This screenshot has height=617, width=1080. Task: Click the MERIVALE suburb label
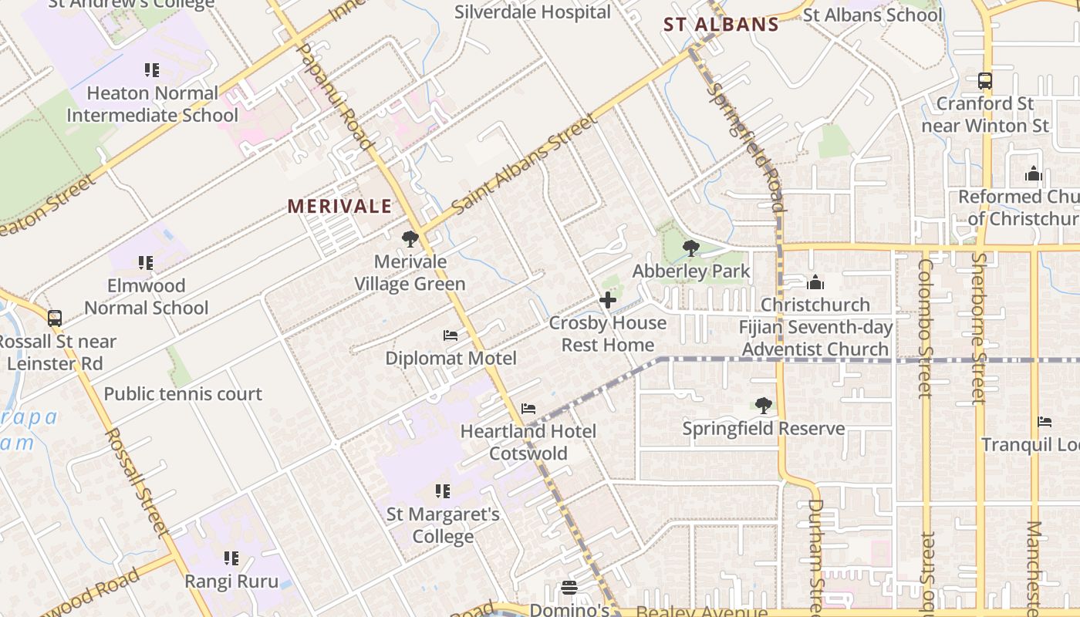(339, 207)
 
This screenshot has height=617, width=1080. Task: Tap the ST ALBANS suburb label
(721, 25)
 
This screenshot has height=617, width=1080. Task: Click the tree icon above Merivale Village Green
(410, 239)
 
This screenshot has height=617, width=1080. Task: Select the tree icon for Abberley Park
(691, 248)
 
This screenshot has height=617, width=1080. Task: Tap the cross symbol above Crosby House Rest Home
(608, 300)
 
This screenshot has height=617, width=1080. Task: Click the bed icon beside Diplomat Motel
(451, 335)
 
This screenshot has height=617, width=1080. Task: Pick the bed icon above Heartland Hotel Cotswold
(528, 408)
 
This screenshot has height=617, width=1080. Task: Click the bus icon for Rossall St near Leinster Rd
(54, 318)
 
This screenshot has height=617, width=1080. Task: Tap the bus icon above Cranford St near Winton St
(985, 80)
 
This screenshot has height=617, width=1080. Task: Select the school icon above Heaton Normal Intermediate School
(152, 70)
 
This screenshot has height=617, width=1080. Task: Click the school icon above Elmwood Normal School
(146, 263)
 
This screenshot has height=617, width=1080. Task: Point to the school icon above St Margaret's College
(443, 491)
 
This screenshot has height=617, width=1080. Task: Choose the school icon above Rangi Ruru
(231, 558)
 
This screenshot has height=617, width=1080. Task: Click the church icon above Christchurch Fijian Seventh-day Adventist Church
(815, 282)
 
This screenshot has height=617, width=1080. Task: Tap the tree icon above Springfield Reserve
(763, 405)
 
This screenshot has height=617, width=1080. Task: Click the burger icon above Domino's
(569, 588)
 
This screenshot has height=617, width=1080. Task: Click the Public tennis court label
(183, 394)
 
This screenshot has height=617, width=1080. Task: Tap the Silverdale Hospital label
(532, 12)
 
